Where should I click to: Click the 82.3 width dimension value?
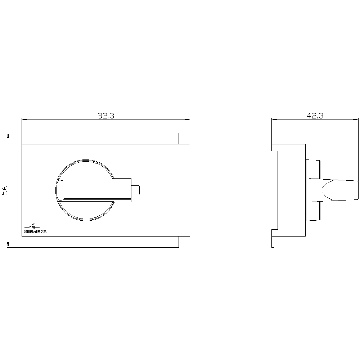[105, 116]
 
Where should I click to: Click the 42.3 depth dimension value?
[315, 116]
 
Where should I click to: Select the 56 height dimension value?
[5, 190]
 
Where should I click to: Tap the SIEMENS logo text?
[35, 232]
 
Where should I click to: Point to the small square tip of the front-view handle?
[136, 190]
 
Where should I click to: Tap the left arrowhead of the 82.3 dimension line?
[24, 120]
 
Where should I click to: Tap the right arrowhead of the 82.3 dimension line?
[188, 120]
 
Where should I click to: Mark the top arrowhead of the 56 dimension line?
[8, 135]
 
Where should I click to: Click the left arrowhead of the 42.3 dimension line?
[273, 120]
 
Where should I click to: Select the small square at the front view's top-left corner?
[27, 139]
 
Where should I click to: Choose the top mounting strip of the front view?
[105, 139]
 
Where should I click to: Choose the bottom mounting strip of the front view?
[105, 242]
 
